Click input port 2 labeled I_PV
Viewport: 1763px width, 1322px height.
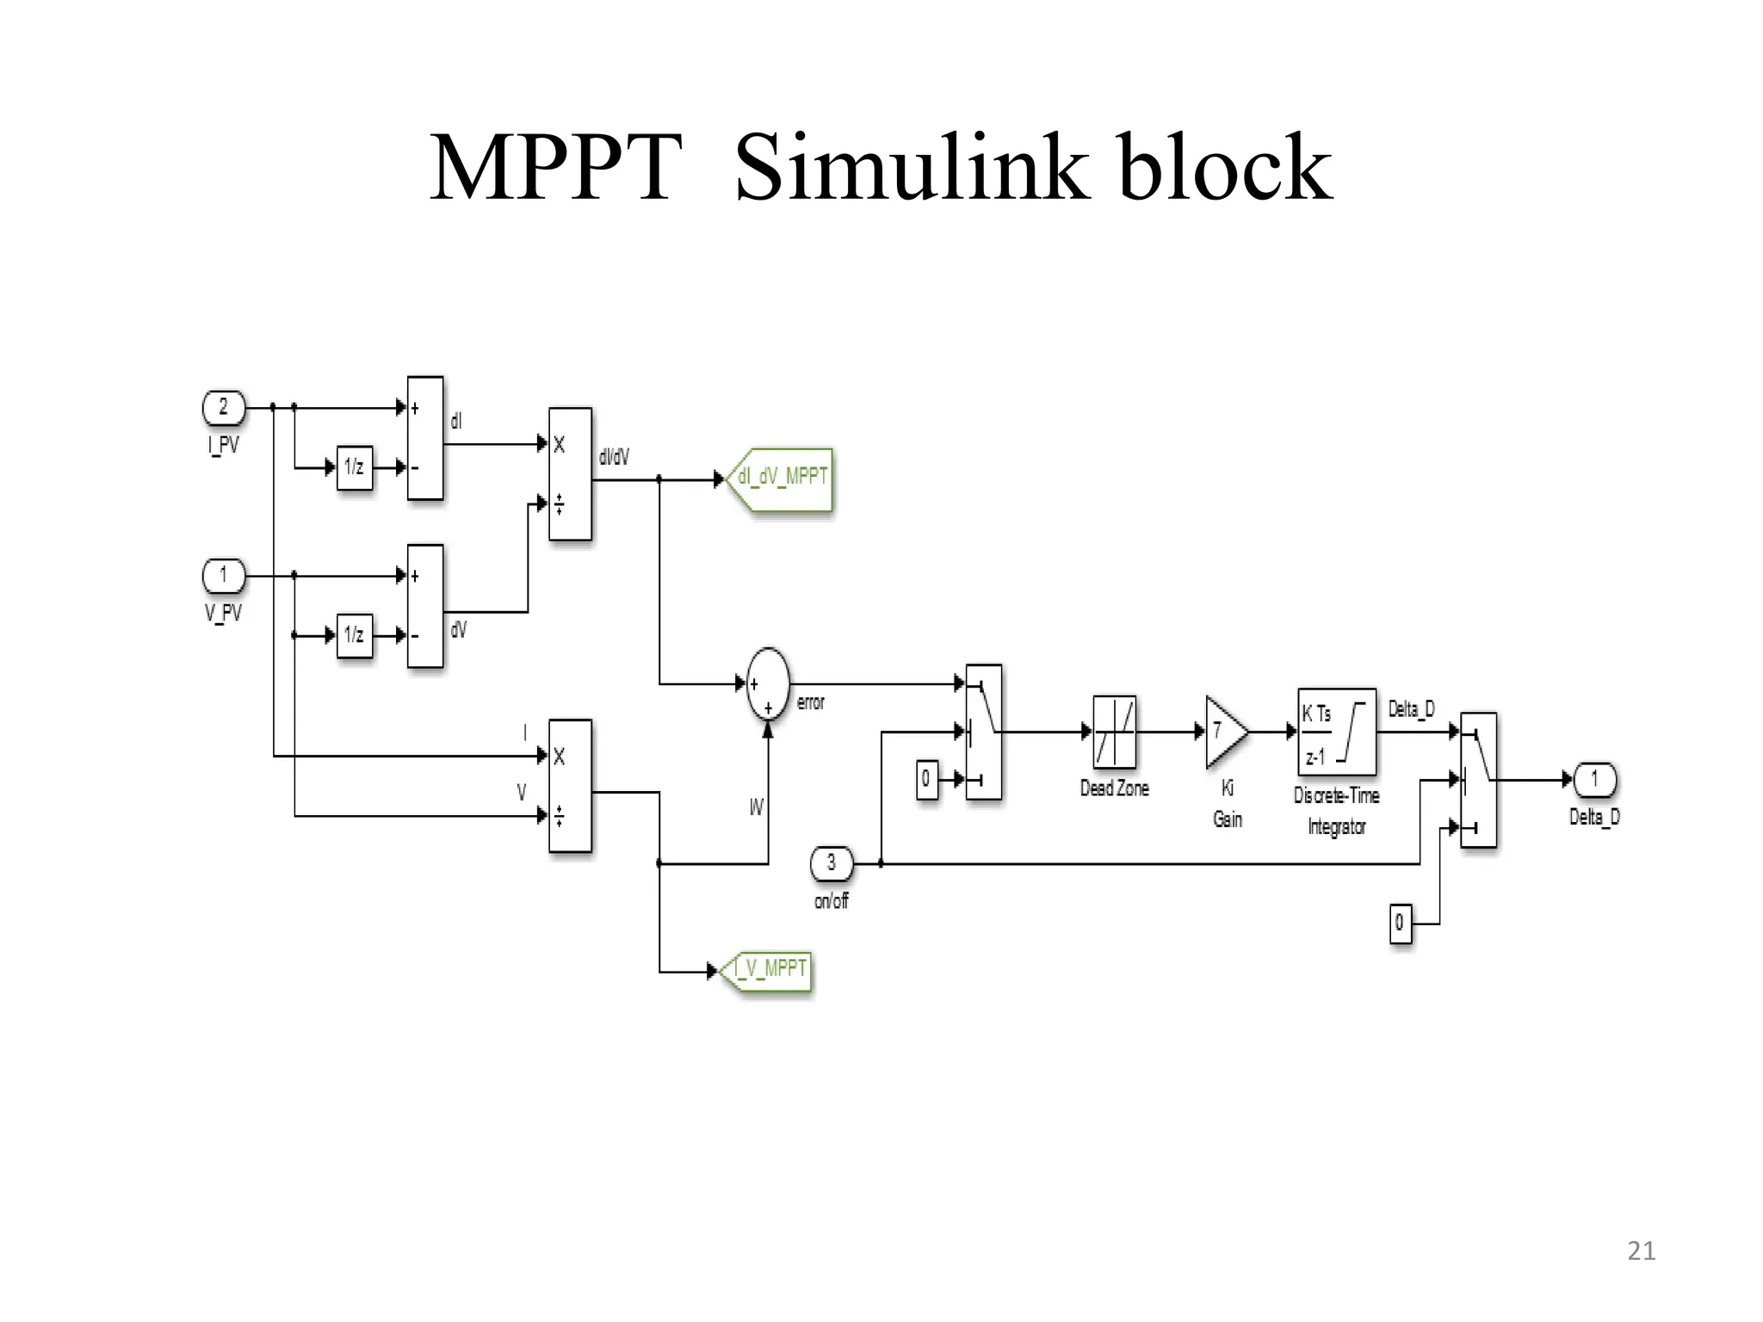[x=224, y=408]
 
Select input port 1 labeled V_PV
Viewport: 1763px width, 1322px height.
[x=224, y=576]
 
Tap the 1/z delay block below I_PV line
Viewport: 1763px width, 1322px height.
[x=354, y=467]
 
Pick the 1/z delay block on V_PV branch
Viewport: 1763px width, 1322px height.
[x=354, y=636]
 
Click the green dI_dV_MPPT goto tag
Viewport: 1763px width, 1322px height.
[x=781, y=479]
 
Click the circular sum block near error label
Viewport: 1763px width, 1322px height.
[x=768, y=684]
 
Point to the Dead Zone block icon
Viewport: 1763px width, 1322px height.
[x=1114, y=732]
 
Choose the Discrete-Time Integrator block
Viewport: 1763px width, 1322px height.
[x=1336, y=732]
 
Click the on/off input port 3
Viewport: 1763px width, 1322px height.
[x=831, y=862]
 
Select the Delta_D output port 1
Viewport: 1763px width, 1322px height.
[x=1593, y=780]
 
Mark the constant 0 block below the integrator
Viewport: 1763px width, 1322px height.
[x=1401, y=924]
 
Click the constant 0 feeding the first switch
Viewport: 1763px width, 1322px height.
[x=926, y=779]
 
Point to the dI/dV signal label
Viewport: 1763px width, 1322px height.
[x=614, y=457]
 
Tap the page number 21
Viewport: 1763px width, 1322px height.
[x=1641, y=1251]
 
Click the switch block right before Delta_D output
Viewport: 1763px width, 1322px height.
[x=1479, y=780]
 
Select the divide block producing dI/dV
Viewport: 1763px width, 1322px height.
[x=570, y=473]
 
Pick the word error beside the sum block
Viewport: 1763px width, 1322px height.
[x=810, y=703]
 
